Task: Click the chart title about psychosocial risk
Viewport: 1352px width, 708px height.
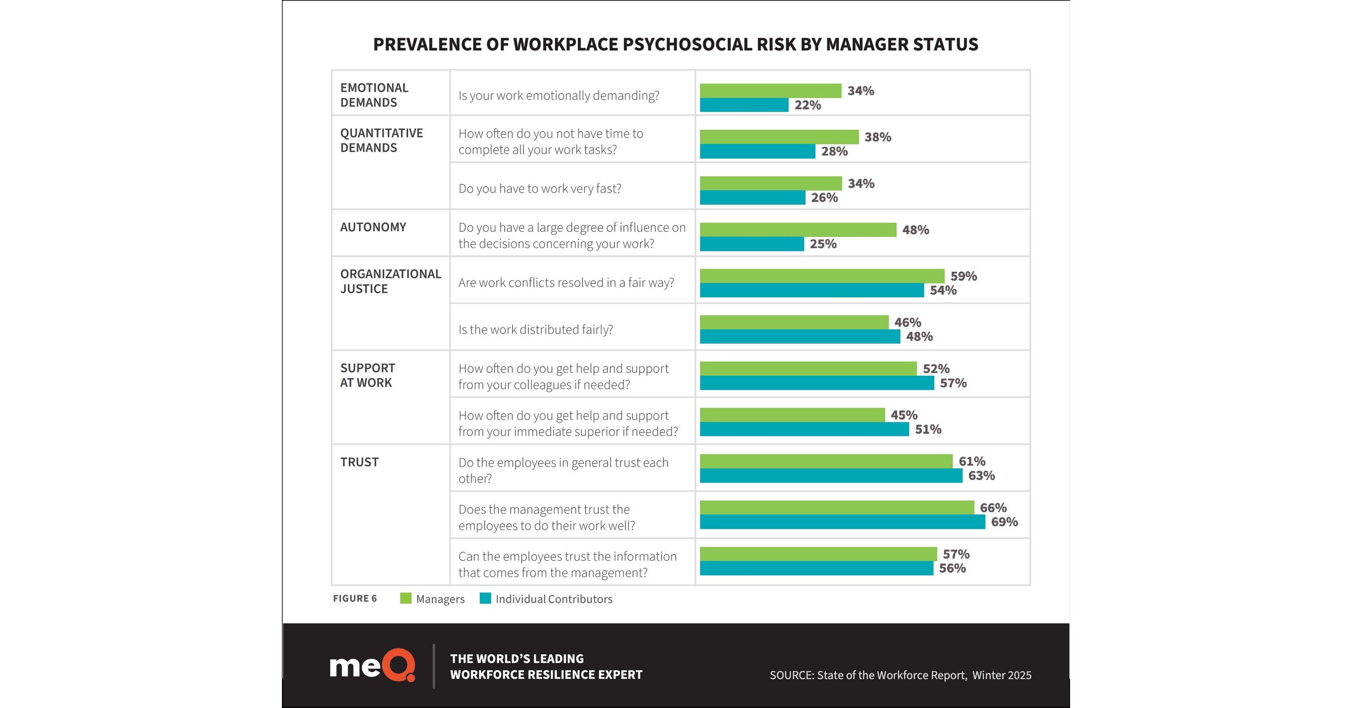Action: pyautogui.click(x=675, y=45)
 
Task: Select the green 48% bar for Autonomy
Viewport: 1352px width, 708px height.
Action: pyautogui.click(x=798, y=230)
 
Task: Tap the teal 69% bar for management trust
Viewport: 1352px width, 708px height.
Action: pyautogui.click(x=842, y=522)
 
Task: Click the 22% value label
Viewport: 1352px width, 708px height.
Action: pyautogui.click(x=808, y=105)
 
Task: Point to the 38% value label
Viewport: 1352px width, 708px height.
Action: pyautogui.click(x=877, y=137)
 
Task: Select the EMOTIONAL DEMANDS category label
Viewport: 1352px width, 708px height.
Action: pyautogui.click(x=374, y=95)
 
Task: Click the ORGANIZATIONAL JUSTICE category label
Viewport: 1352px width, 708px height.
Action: pyautogui.click(x=390, y=281)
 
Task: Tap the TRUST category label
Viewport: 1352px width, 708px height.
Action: pyautogui.click(x=359, y=462)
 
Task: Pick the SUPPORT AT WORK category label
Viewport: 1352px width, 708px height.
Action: pyautogui.click(x=368, y=375)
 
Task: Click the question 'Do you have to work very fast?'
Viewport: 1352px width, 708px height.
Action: pyautogui.click(x=539, y=188)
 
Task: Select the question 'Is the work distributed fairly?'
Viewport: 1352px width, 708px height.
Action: pyautogui.click(x=535, y=329)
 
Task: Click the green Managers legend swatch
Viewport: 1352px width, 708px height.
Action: pyautogui.click(x=405, y=598)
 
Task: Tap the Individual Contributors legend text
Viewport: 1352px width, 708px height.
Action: pyautogui.click(x=554, y=599)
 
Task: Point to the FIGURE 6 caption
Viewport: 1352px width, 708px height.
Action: pyautogui.click(x=355, y=598)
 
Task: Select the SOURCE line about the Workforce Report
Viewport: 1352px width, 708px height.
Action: pyautogui.click(x=900, y=675)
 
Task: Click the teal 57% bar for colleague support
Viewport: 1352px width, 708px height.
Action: pyautogui.click(x=817, y=383)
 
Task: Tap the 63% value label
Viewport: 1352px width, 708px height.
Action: pyautogui.click(x=981, y=476)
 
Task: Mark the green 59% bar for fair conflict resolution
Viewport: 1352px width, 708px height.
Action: pyautogui.click(x=822, y=276)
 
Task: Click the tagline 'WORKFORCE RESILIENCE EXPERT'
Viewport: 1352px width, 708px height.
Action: pyautogui.click(x=546, y=674)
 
